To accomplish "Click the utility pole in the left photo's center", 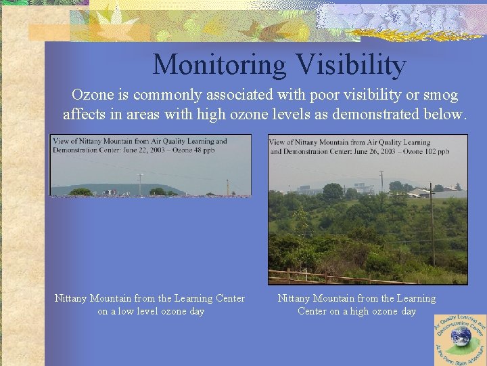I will (140, 184).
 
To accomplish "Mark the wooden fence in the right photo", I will (325, 277).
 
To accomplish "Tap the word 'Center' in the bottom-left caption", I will (229, 299).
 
